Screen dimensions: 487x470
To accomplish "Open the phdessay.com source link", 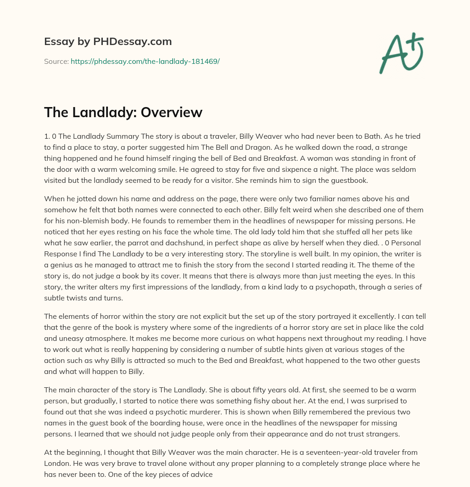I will coord(145,61).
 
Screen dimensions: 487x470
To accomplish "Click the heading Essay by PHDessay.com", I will coord(108,41).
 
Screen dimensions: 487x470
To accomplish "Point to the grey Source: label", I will coord(56,61).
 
